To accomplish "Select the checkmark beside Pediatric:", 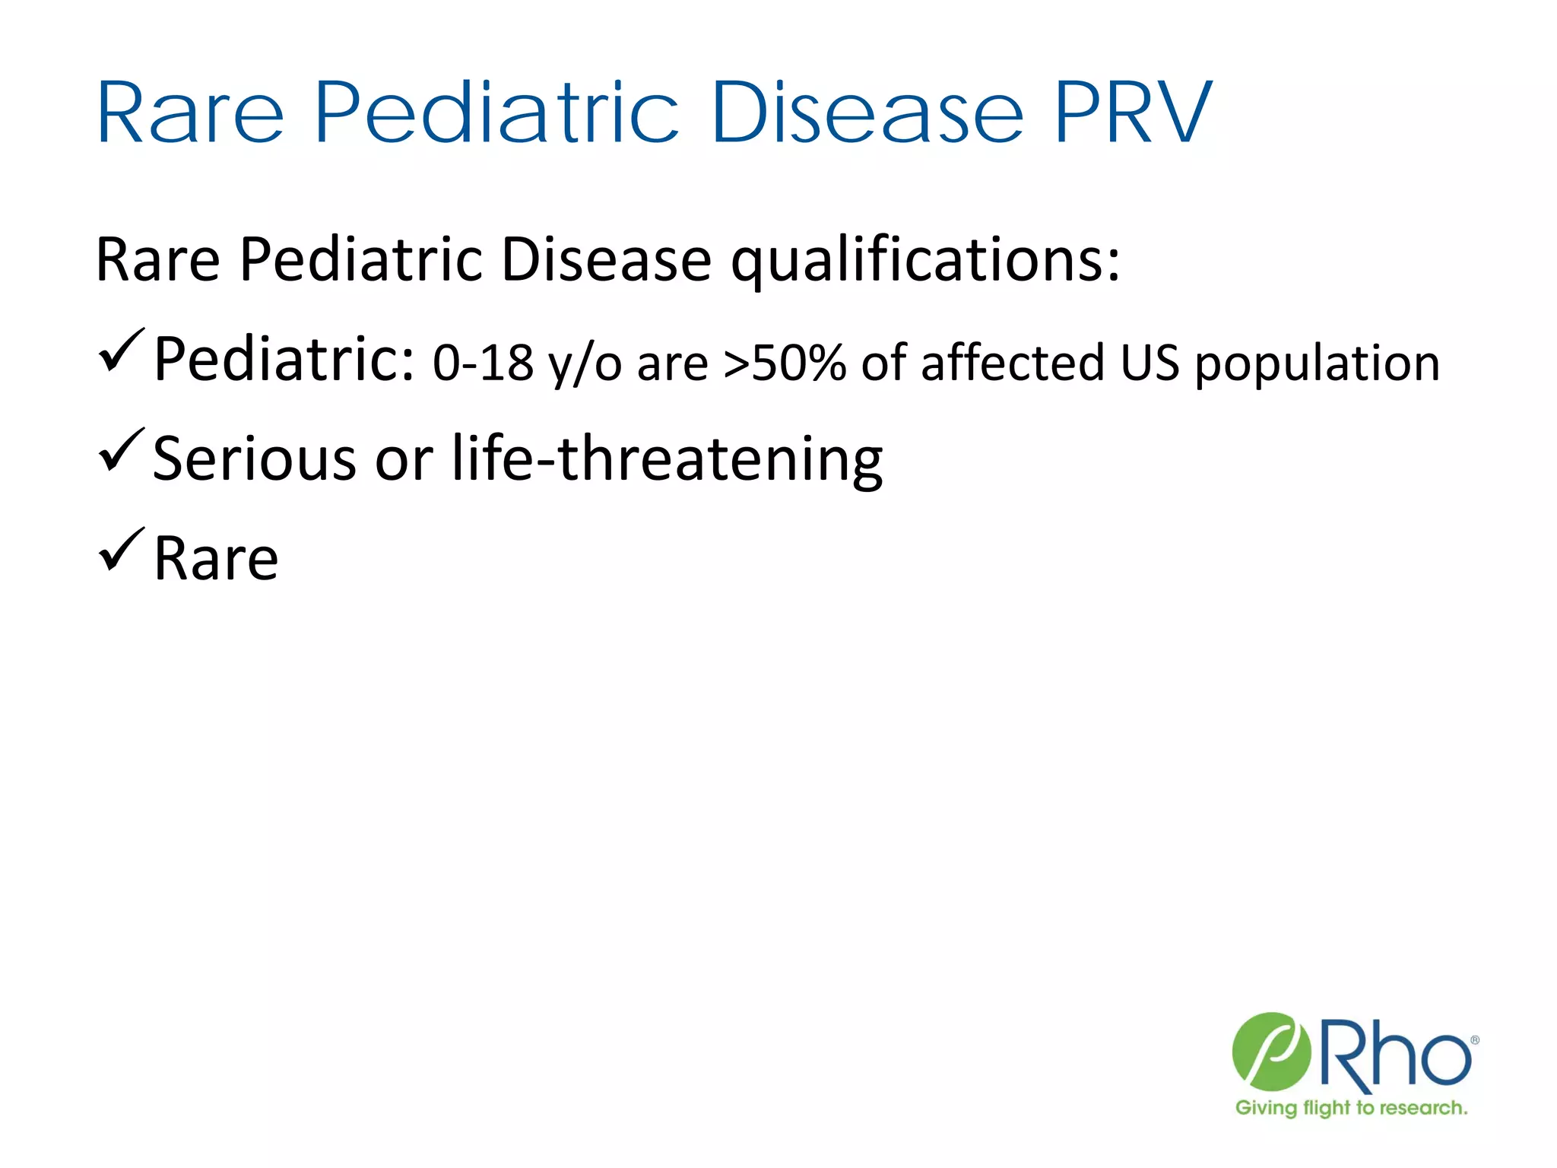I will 120,351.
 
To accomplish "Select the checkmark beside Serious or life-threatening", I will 120,450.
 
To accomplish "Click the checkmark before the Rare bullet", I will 120,550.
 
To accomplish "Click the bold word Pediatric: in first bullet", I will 284,359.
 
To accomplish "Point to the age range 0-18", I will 483,363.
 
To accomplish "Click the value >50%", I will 783,363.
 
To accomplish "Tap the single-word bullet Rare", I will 216,559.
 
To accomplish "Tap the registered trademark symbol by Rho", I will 1474,1041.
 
